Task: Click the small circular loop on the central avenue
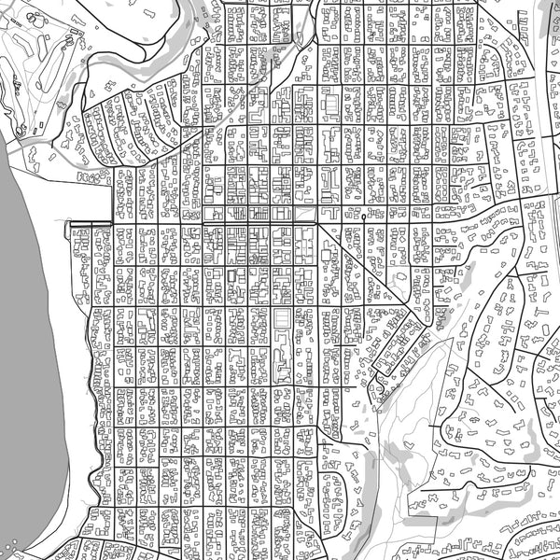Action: [362, 216]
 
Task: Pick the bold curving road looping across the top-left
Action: [140, 56]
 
